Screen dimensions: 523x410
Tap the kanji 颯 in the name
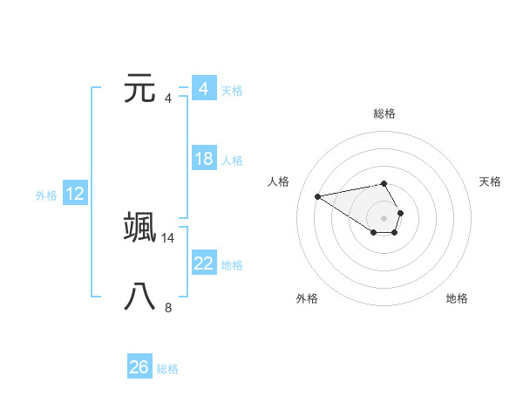(140, 226)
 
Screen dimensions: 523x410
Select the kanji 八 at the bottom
(140, 297)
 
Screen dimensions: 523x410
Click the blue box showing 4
(203, 89)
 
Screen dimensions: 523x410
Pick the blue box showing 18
(203, 159)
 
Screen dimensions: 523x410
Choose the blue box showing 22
(203, 263)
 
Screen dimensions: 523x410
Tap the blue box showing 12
(75, 194)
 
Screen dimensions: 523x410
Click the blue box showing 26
(139, 367)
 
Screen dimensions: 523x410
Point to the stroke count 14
(167, 237)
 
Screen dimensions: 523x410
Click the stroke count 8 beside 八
(168, 307)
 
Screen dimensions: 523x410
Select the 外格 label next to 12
(46, 195)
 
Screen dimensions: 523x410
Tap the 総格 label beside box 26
(167, 369)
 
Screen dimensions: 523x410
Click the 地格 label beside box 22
(232, 265)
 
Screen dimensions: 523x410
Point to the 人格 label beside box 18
(232, 161)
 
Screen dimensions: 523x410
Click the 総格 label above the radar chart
(384, 113)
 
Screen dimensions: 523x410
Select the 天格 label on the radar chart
(491, 181)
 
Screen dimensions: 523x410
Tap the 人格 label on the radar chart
(278, 181)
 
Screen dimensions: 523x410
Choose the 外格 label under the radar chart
(306, 298)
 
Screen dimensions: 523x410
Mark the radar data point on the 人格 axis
(318, 195)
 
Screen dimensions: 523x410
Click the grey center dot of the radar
(384, 217)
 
